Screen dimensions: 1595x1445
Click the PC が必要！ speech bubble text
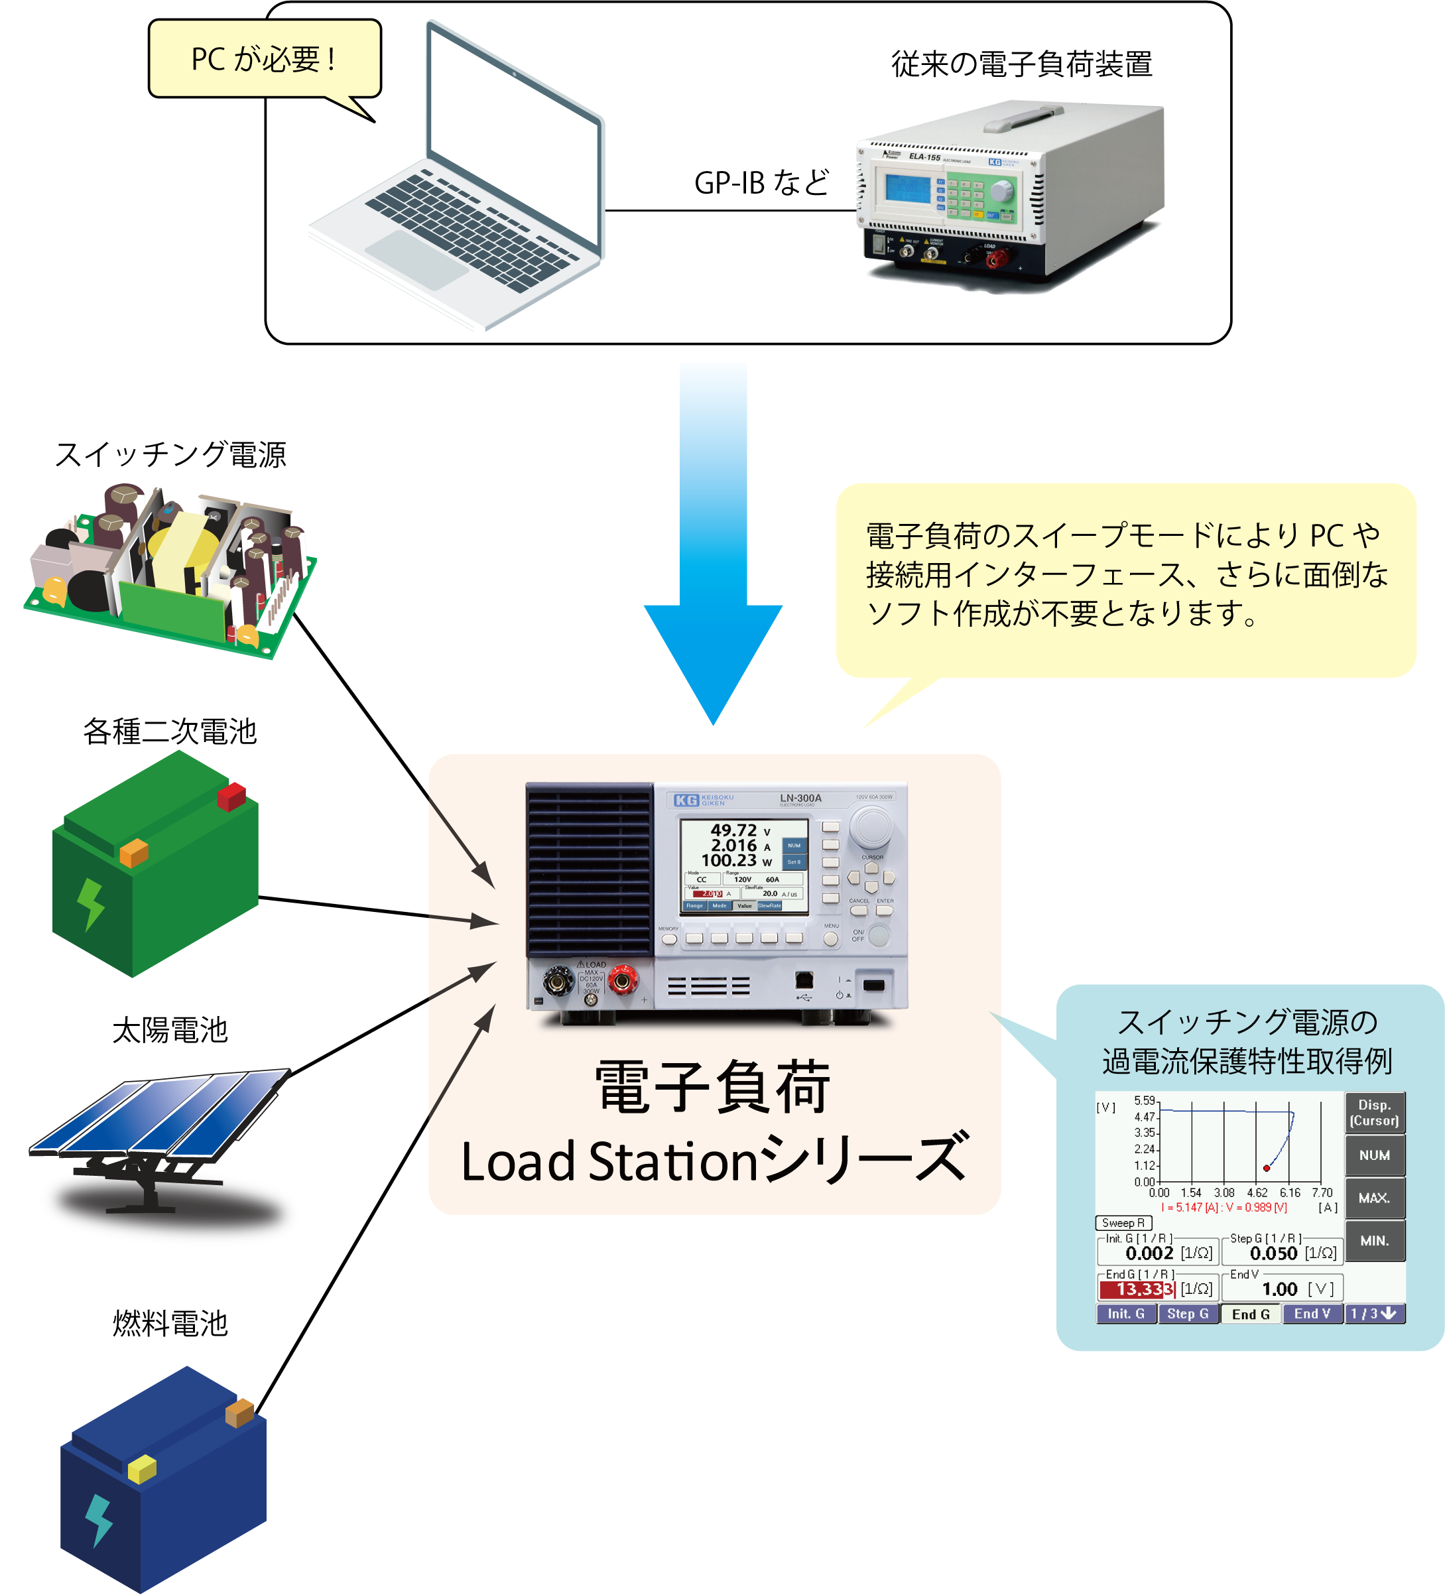pyautogui.click(x=264, y=59)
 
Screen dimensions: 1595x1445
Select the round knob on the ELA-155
pyautogui.click(x=1001, y=191)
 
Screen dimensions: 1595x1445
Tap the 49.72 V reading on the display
pyautogui.click(x=734, y=830)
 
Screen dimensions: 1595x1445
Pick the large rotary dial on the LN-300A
pyautogui.click(x=871, y=827)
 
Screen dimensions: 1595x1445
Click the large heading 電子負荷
pyautogui.click(x=713, y=1088)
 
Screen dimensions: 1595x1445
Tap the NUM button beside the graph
pyautogui.click(x=1375, y=1156)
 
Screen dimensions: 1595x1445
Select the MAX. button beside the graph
pyautogui.click(x=1375, y=1198)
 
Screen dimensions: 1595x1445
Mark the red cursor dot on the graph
pyautogui.click(x=1267, y=1168)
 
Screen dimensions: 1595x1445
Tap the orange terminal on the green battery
pyautogui.click(x=134, y=853)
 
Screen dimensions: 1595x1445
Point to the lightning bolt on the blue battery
pyautogui.click(x=99, y=1519)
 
